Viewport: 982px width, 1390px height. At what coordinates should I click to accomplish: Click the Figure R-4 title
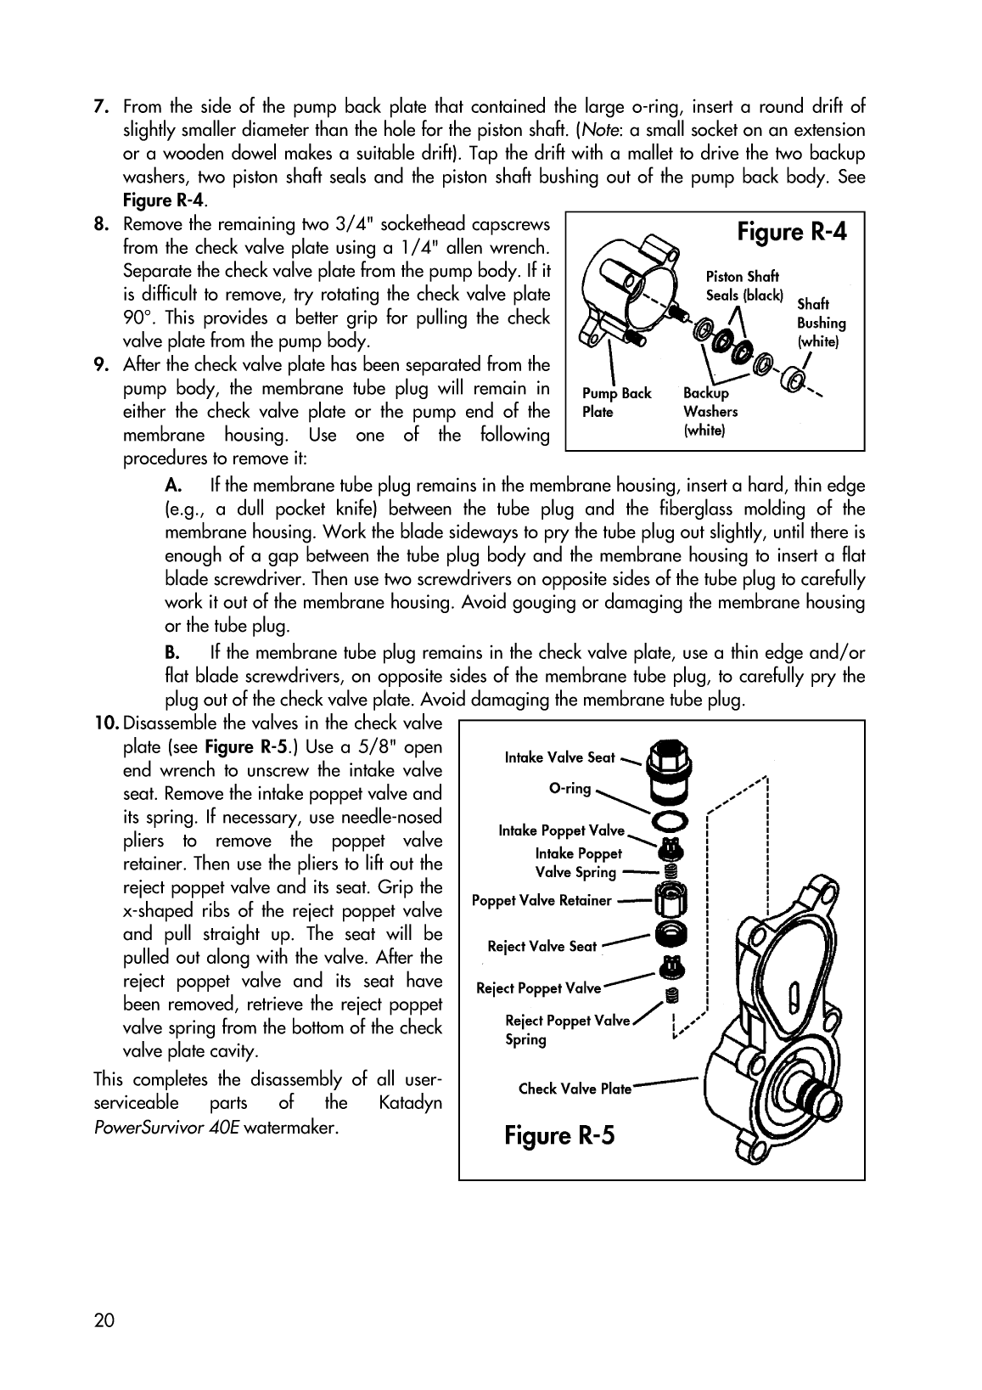791,232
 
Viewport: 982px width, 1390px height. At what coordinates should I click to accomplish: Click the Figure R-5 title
558,1135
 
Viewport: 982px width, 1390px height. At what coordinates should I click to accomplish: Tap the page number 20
104,1320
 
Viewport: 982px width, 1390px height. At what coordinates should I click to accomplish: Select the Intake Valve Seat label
559,757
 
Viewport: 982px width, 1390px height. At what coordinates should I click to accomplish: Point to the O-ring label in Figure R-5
570,789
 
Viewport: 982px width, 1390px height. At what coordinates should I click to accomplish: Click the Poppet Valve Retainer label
542,900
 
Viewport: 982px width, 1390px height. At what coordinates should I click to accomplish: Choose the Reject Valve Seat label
542,946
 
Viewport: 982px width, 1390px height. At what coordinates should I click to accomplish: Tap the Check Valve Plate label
575,1089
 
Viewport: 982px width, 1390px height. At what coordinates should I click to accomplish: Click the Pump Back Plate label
616,402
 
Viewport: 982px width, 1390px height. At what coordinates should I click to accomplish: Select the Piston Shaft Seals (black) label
744,286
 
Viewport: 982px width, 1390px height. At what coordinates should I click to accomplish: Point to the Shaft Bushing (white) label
821,323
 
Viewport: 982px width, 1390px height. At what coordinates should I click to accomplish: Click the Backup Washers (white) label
710,412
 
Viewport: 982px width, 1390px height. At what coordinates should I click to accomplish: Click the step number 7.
99,107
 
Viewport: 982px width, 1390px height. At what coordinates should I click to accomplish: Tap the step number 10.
106,723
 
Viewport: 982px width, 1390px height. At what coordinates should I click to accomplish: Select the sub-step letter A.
172,486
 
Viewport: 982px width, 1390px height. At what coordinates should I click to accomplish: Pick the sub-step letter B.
171,653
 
